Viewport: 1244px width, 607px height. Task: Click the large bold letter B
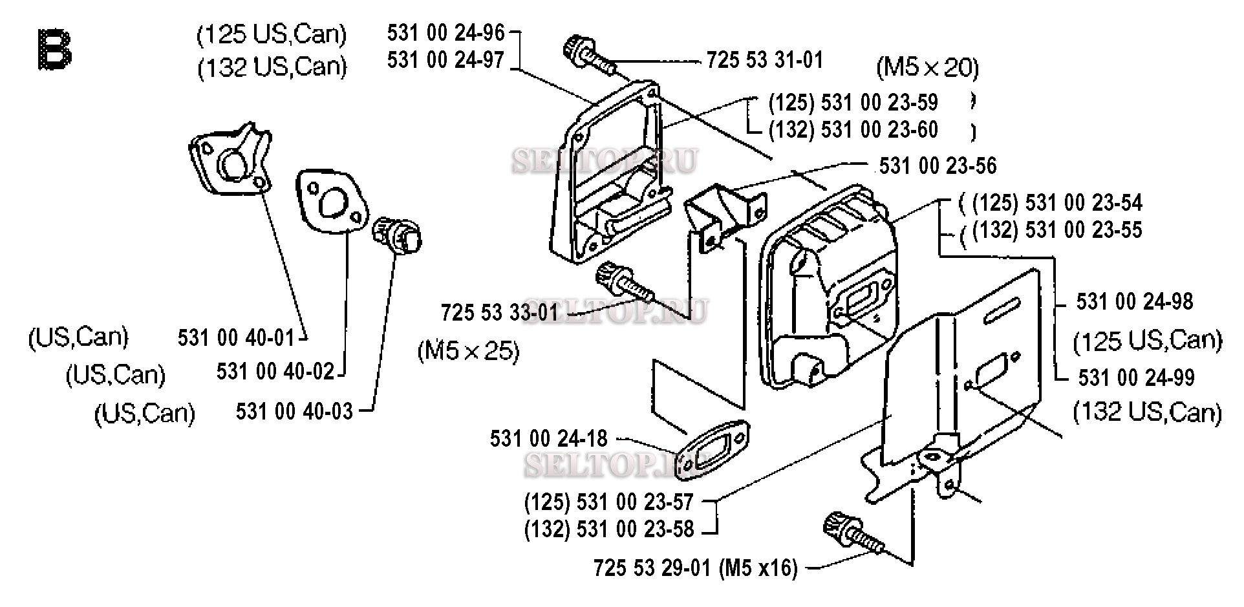(x=55, y=50)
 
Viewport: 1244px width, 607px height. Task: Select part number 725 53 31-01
(x=765, y=60)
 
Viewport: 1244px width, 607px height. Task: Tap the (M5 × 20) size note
(x=927, y=67)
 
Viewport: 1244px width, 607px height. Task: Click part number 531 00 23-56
(x=938, y=165)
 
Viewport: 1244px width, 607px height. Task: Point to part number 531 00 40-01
(x=235, y=337)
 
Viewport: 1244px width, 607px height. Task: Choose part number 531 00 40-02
(x=275, y=372)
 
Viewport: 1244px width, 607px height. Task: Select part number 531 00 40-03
(x=294, y=411)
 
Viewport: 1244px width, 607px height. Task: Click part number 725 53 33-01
(x=499, y=313)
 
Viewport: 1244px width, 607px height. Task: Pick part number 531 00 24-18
(x=548, y=440)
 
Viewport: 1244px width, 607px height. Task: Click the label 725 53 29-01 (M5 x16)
(x=695, y=568)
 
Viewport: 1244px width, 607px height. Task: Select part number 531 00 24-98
(x=1135, y=302)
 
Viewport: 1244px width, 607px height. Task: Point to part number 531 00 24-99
(x=1136, y=378)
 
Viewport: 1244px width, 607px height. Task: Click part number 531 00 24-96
(x=445, y=32)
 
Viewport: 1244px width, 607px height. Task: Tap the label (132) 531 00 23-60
(x=853, y=129)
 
